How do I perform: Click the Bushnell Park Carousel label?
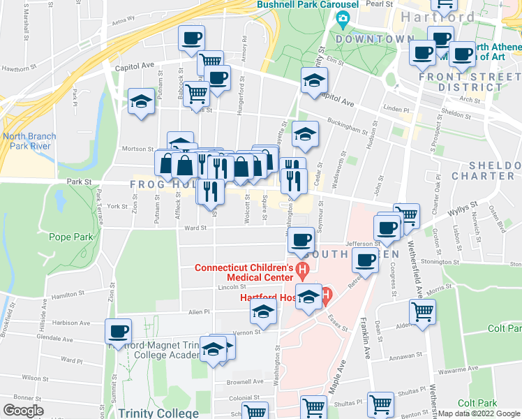[308, 4]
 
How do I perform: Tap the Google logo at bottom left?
[23, 411]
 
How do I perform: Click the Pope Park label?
[71, 237]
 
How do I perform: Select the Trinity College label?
[158, 413]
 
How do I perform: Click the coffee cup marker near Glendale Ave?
[118, 330]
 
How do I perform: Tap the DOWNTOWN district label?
[373, 39]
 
